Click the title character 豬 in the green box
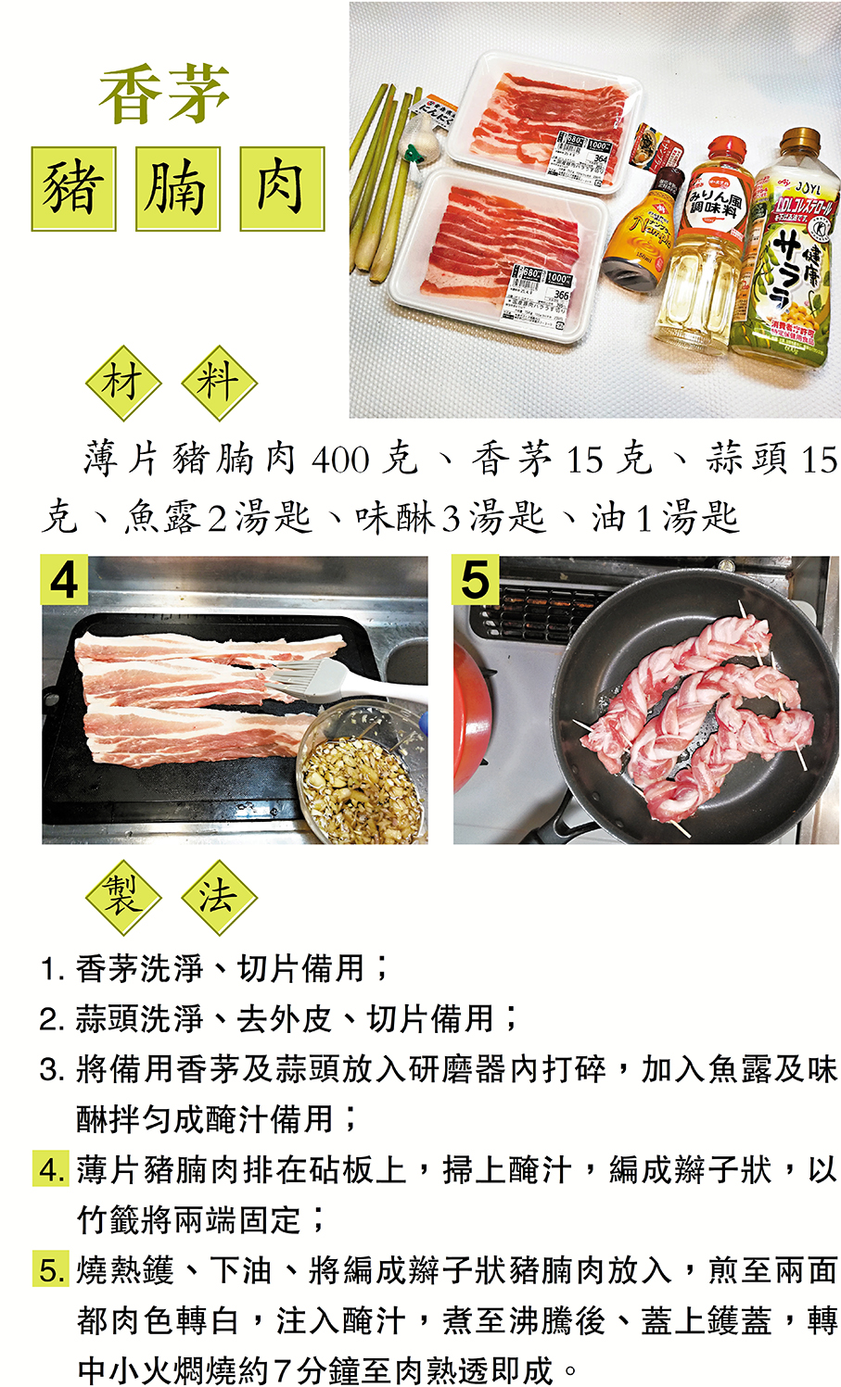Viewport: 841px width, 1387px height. pos(74,189)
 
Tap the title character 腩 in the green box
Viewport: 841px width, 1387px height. pos(178,189)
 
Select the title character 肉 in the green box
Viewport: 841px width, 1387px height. pos(282,189)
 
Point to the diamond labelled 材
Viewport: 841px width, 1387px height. pos(123,384)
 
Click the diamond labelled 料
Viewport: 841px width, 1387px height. pos(219,384)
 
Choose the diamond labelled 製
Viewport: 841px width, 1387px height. pos(123,897)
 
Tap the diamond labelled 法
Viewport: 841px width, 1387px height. pos(219,897)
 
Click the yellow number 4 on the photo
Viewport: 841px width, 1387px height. pos(64,580)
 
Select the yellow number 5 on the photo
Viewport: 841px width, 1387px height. pos(476,580)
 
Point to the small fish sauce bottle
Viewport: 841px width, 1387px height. pos(638,229)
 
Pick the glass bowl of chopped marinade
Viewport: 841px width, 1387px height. pos(363,773)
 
